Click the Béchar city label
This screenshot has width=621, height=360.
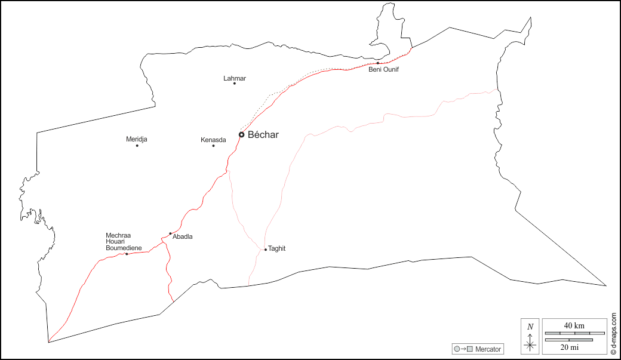coord(263,135)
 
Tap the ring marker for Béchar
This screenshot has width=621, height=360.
coord(241,135)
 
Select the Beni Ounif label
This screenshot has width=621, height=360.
coord(383,70)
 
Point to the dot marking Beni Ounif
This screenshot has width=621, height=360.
coord(377,63)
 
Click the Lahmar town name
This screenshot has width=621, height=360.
coord(235,78)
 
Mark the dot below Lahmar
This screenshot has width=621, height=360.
coord(235,84)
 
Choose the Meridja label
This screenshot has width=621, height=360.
coord(137,139)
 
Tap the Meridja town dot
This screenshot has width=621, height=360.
coord(137,146)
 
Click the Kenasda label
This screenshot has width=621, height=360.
coord(213,140)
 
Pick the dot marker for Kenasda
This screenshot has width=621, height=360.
coord(213,146)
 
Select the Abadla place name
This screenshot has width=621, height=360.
coord(182,237)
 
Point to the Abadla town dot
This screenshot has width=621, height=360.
coord(170,233)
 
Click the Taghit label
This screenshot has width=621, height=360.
coord(277,248)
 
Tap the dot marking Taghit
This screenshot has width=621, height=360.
coord(265,250)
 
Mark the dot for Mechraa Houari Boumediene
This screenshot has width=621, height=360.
coord(127,254)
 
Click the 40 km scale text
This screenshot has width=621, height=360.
coord(574,325)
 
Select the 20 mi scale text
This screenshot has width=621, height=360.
coord(568,346)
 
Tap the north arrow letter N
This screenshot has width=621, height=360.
coord(530,327)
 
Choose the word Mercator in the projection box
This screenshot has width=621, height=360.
coord(488,349)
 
